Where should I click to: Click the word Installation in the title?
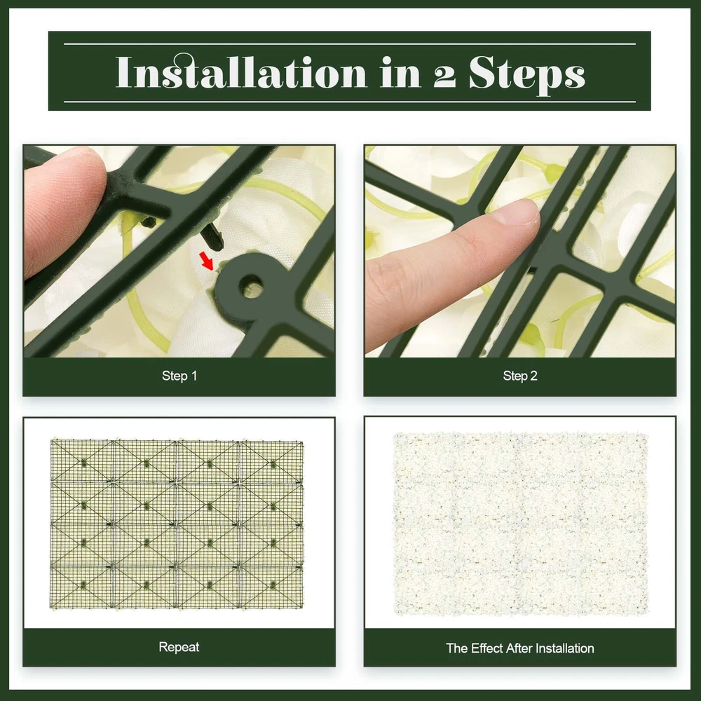tap(241, 72)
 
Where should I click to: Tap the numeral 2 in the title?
tap(445, 76)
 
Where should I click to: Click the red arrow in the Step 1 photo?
tap(207, 261)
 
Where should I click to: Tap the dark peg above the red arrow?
tap(212, 236)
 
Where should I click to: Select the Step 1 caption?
tap(179, 376)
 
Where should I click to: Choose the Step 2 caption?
tap(520, 376)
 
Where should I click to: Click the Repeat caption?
tap(179, 647)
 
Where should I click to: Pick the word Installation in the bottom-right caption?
tap(564, 648)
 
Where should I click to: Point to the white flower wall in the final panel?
tap(520, 524)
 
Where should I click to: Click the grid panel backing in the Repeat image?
tap(177, 524)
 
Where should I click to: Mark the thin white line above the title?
tap(350, 43)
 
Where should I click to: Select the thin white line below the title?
tap(350, 102)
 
